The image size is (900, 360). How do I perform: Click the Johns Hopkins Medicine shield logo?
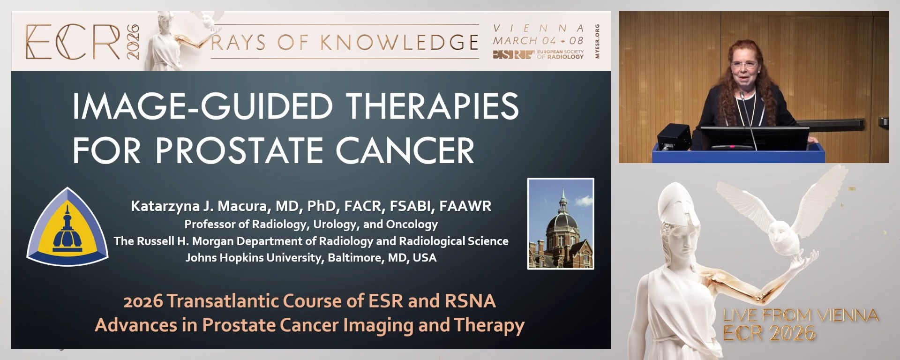point(67,228)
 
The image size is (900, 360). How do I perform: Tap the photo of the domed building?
point(561,224)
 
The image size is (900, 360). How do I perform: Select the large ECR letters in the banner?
point(73,42)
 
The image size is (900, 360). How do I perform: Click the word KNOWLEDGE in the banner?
point(399,43)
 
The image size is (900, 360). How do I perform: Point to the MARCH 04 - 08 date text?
point(538,41)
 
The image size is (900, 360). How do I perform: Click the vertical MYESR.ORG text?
point(597,41)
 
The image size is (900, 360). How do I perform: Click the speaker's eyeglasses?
point(744,65)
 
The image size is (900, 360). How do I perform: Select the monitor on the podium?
point(754,137)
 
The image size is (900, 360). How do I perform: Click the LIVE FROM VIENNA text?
point(800,315)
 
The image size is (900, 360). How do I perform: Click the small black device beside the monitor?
point(674,136)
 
